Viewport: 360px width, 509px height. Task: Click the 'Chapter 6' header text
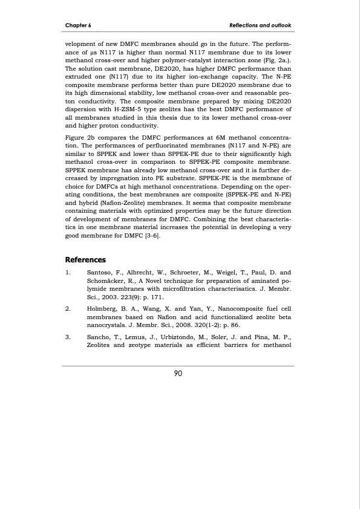(x=78, y=25)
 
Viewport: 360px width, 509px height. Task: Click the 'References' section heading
(x=85, y=260)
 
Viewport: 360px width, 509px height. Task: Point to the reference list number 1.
(x=68, y=273)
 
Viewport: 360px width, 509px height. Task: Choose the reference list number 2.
(x=68, y=308)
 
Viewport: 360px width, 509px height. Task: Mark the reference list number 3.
(x=68, y=335)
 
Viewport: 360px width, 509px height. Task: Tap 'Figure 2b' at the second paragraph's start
(x=80, y=138)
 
